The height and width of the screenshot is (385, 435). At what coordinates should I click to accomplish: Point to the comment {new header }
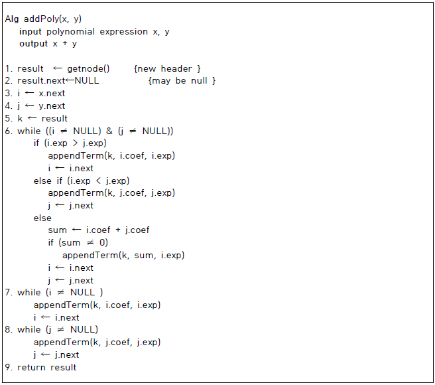point(167,69)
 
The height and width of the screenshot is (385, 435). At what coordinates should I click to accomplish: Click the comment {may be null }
point(182,81)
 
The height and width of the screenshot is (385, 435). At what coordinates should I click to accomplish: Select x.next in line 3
point(52,94)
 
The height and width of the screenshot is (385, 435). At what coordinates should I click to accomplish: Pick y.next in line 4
point(52,106)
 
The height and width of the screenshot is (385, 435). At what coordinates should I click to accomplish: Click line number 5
point(8,119)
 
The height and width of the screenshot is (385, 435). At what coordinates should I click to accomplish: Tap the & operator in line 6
point(109,131)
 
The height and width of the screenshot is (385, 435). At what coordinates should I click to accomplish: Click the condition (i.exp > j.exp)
point(74,143)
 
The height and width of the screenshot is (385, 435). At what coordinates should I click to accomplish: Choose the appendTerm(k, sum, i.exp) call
point(123,256)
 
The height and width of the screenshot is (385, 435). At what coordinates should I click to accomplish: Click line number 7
point(8,293)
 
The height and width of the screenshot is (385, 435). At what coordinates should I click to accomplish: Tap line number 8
point(8,330)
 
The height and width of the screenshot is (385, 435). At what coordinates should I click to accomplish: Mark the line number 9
point(8,367)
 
